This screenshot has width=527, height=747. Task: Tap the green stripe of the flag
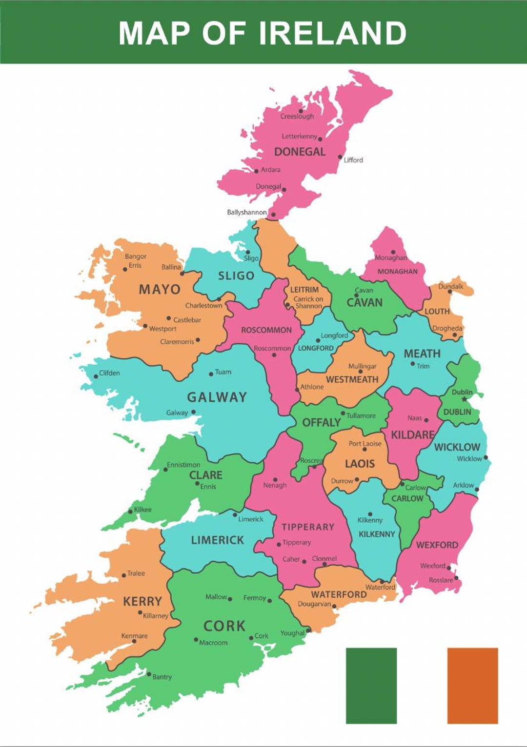[x=371, y=685]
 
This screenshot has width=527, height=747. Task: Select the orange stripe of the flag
[x=472, y=685]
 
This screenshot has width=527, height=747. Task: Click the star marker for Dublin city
[x=464, y=399]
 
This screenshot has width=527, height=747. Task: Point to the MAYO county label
[x=160, y=290]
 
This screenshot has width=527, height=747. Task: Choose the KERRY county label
[x=142, y=602]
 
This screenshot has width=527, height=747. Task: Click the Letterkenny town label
[x=299, y=137]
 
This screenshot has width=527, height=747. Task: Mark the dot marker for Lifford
[x=341, y=157]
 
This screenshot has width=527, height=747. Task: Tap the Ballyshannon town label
[x=247, y=213]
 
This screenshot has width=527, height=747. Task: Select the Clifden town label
[x=109, y=373]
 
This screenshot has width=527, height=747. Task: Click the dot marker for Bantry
[x=149, y=674]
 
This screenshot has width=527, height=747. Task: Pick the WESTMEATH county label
[x=352, y=379]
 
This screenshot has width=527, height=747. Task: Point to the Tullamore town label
[x=361, y=416]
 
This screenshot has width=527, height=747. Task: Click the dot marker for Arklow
[x=477, y=489]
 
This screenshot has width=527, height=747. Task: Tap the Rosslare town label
[x=441, y=580]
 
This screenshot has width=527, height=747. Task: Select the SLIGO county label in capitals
[x=236, y=276]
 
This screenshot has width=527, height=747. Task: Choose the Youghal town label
[x=292, y=633]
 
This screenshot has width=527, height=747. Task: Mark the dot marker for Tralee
[x=124, y=575]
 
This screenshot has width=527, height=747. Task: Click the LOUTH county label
[x=437, y=312]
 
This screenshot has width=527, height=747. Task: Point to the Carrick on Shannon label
[x=308, y=303]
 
